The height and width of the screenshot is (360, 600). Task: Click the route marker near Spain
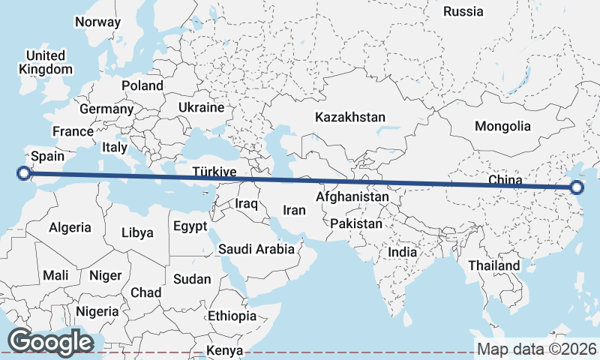[24, 173]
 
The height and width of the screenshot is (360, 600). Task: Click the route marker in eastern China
[576, 187]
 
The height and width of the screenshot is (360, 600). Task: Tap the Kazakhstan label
[350, 118]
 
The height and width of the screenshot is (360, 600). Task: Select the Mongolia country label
[502, 126]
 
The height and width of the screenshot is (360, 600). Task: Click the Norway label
[97, 22]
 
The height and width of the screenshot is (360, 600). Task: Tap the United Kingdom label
[46, 62]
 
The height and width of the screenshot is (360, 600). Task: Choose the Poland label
[142, 85]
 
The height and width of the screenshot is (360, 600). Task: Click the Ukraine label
[201, 107]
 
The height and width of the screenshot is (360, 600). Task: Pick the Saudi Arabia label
[256, 249]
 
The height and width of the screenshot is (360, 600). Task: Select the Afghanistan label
[352, 197]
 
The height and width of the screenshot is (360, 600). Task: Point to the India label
[402, 253]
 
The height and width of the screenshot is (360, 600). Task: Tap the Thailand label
[493, 265]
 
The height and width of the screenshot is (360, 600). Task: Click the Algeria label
[70, 227]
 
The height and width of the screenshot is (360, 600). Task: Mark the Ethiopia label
[232, 316]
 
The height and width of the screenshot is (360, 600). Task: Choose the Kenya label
[225, 350]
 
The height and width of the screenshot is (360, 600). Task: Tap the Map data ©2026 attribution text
[536, 349]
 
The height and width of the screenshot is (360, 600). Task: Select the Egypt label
[190, 226]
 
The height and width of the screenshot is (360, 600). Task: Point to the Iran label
[294, 211]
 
